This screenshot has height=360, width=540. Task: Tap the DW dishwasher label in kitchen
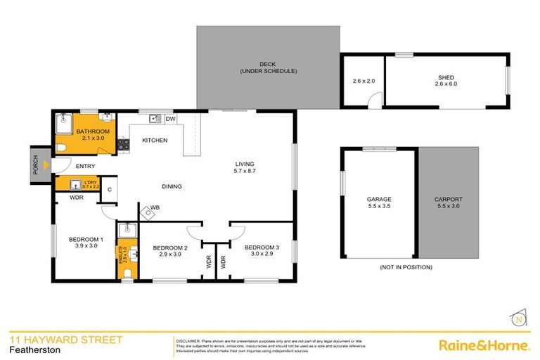[x=171, y=119]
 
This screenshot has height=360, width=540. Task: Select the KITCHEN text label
[x=155, y=141]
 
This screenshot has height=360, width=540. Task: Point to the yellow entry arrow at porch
[x=46, y=165]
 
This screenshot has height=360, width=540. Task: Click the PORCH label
[x=34, y=165]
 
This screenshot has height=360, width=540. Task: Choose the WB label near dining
[x=154, y=207]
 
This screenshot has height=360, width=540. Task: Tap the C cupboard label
[x=110, y=188]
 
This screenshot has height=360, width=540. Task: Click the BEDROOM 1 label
[x=86, y=240]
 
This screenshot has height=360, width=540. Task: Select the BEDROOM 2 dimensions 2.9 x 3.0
[x=170, y=255]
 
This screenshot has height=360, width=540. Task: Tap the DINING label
[x=171, y=186]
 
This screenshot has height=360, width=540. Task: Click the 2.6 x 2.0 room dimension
[x=364, y=81]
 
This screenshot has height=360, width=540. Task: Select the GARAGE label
[x=378, y=200]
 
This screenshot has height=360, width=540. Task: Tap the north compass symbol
[x=518, y=319]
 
